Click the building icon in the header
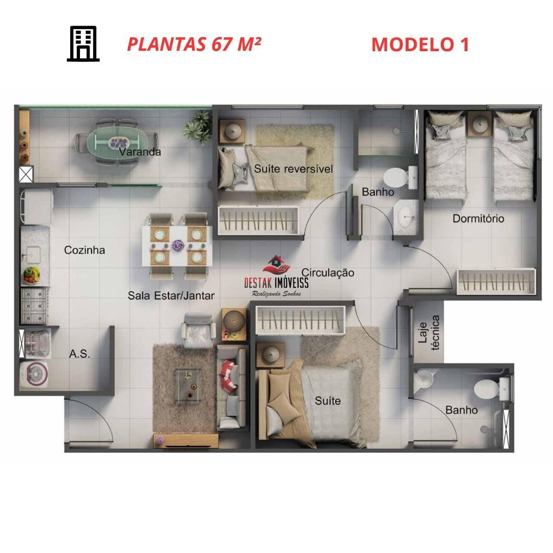point(83,44)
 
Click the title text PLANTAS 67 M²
point(194,44)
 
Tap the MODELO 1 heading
point(420,45)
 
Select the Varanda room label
point(140,152)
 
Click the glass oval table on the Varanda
point(118,142)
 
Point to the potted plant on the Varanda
point(198,127)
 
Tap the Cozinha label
point(84,250)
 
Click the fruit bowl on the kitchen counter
point(31,275)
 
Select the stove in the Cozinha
point(34,306)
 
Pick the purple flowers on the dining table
point(178,245)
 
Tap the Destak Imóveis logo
point(276,276)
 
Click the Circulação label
point(328,272)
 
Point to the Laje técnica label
point(429,333)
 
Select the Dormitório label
point(478,219)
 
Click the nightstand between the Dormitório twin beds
point(480,124)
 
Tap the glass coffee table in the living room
point(188,385)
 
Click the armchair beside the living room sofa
point(198,330)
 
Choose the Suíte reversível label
point(293,169)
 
